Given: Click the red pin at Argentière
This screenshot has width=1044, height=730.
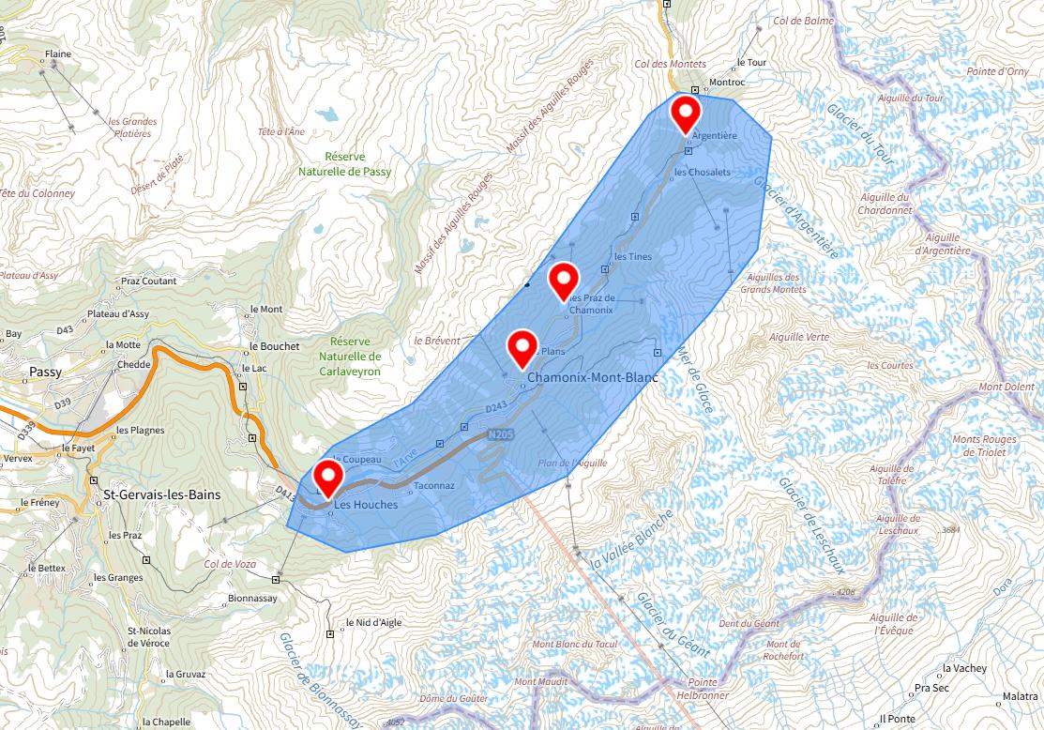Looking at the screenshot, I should coord(687,114).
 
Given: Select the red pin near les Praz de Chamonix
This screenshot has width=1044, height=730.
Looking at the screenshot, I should coord(563,280).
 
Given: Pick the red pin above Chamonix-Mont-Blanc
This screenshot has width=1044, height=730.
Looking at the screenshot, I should coord(522,347).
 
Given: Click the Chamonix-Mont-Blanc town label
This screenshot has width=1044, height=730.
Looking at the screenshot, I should coord(593,378).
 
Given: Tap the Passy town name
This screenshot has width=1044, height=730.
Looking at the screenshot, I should coord(46,372).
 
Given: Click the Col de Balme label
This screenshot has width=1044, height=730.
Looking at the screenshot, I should coord(803,21).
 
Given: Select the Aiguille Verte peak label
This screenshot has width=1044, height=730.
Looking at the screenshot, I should coord(798,337).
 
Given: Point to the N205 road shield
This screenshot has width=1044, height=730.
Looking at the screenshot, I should coord(500,435).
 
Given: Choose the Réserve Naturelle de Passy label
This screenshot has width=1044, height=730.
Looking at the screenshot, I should coord(345,164).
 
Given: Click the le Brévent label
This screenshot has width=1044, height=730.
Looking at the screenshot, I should coord(437,340).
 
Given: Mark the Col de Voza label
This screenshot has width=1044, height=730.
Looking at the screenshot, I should coord(231,564).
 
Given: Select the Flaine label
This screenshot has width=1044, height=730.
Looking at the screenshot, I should coord(58,54).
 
